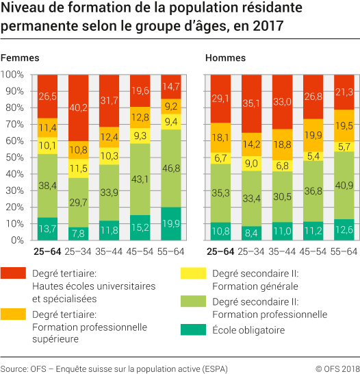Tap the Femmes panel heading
[20, 58]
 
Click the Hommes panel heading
[225, 58]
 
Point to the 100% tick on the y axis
[13, 74]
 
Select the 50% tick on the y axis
[15, 158]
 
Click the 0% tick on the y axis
[17, 241]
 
